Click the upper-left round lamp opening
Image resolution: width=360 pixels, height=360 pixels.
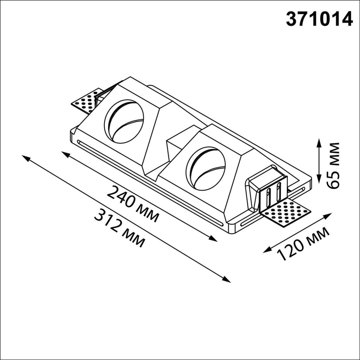tap(124, 120)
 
